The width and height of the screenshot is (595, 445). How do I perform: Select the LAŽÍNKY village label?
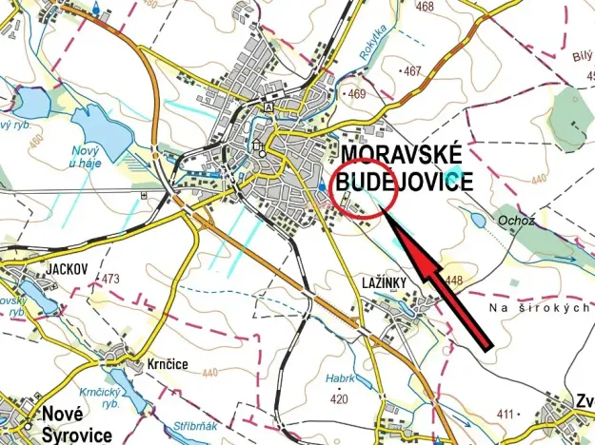[385, 282]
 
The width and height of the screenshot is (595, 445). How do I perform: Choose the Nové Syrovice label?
[76, 424]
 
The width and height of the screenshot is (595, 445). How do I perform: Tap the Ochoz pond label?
[514, 220]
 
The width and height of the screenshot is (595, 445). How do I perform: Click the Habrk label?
[341, 378]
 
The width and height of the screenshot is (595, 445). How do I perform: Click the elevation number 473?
[110, 279]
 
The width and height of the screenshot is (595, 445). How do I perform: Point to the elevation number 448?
[452, 279]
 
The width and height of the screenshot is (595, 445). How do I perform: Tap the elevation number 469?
[357, 94]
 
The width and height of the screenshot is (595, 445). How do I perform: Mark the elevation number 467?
[412, 71]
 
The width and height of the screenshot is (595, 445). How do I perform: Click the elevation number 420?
[339, 399]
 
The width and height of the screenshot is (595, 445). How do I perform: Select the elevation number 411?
[504, 414]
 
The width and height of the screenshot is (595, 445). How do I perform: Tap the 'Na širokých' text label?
[541, 309]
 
